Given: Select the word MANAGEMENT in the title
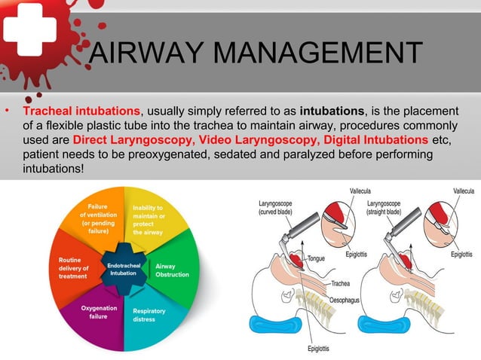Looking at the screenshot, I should [x=317, y=54].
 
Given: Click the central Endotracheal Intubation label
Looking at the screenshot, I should [x=122, y=269].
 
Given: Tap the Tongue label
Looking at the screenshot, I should [x=316, y=258].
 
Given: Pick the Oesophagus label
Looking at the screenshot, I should [x=347, y=300].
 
